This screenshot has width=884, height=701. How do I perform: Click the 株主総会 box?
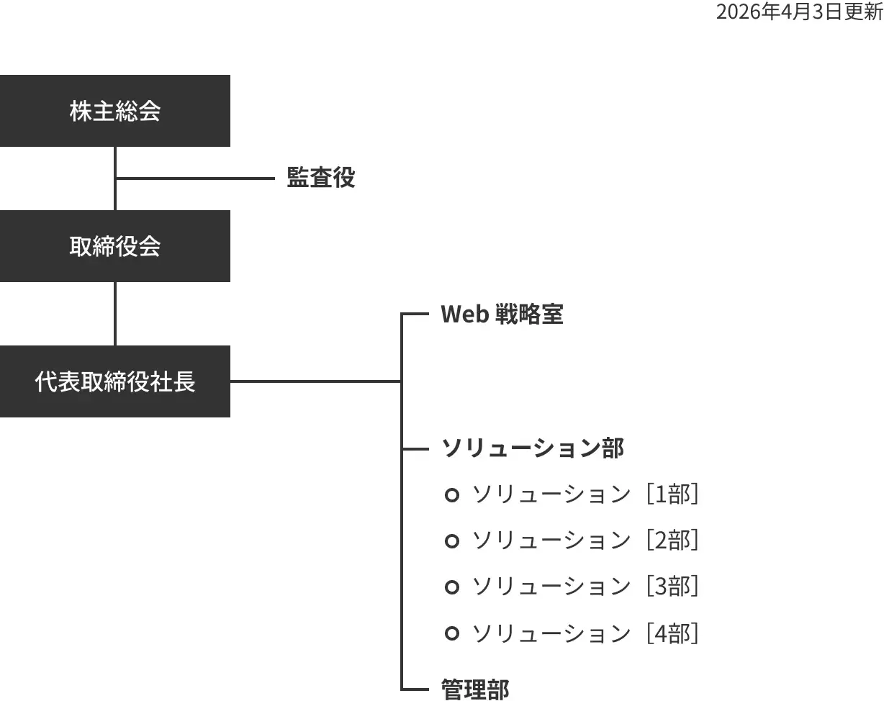coord(115,111)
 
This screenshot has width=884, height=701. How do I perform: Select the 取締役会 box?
coord(115,246)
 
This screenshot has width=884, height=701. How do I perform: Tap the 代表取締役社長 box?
coord(115,381)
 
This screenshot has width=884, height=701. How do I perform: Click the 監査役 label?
coord(321,178)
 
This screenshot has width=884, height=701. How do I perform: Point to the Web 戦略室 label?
coord(502,315)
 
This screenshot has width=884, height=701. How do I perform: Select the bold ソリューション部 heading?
coord(532,448)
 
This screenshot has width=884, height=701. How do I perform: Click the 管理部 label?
coord(474,689)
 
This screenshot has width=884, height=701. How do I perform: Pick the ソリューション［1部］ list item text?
coord(585,495)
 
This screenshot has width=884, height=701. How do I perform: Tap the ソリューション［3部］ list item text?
coord(585,587)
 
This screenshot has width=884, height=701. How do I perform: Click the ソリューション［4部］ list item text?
coord(585,633)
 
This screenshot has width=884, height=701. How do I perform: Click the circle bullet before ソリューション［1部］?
coord(452,495)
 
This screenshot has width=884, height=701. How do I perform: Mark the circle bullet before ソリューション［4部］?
coord(452,633)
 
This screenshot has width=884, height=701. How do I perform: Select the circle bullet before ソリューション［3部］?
coord(452,587)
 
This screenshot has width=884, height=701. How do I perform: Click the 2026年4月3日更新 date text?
coord(799,12)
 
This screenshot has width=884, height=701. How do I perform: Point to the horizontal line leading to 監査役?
coord(194,178)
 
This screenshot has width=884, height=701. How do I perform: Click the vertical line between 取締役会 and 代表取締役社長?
coord(115,314)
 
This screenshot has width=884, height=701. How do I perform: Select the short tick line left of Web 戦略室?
coord(415,315)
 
